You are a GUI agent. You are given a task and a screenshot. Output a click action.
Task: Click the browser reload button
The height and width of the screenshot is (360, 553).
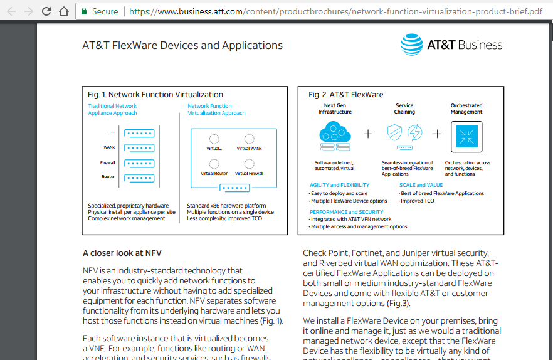coord(46,11)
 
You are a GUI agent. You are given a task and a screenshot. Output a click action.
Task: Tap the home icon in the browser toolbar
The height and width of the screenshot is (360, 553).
coord(63,11)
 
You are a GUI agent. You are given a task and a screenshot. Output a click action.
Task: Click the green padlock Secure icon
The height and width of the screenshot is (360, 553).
coord(84,11)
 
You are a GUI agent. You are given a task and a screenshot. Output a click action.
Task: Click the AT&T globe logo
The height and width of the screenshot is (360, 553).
coord(411,45)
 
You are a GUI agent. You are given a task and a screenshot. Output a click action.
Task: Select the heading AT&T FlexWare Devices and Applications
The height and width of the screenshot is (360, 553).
coord(182,45)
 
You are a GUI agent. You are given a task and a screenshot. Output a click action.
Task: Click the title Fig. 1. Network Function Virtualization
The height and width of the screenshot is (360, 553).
coord(155,95)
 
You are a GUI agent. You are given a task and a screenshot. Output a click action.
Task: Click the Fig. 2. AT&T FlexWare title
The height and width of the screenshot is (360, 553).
coord(345,95)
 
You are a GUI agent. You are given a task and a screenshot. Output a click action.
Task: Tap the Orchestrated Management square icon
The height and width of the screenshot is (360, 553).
coord(466,134)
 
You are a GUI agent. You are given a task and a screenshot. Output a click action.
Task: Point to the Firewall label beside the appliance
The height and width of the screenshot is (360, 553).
coord(108,163)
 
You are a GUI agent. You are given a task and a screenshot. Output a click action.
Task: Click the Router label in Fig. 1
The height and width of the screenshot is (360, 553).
coord(108,177)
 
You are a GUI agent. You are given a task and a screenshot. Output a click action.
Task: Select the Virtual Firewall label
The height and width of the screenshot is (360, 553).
coord(249,173)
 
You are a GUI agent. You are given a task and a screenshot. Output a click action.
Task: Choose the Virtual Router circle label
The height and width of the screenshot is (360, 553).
coord(214,173)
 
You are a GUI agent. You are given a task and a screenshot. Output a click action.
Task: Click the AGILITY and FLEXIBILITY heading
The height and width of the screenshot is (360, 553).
coord(339,185)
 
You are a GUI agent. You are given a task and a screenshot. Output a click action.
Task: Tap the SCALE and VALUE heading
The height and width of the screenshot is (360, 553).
coord(421,185)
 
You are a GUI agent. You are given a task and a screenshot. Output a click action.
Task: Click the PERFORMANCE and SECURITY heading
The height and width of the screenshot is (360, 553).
coord(346,212)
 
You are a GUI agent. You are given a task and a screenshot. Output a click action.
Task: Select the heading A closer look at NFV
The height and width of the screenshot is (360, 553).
coord(122,253)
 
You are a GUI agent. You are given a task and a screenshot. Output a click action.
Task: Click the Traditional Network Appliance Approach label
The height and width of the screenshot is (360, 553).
coord(113,110)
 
